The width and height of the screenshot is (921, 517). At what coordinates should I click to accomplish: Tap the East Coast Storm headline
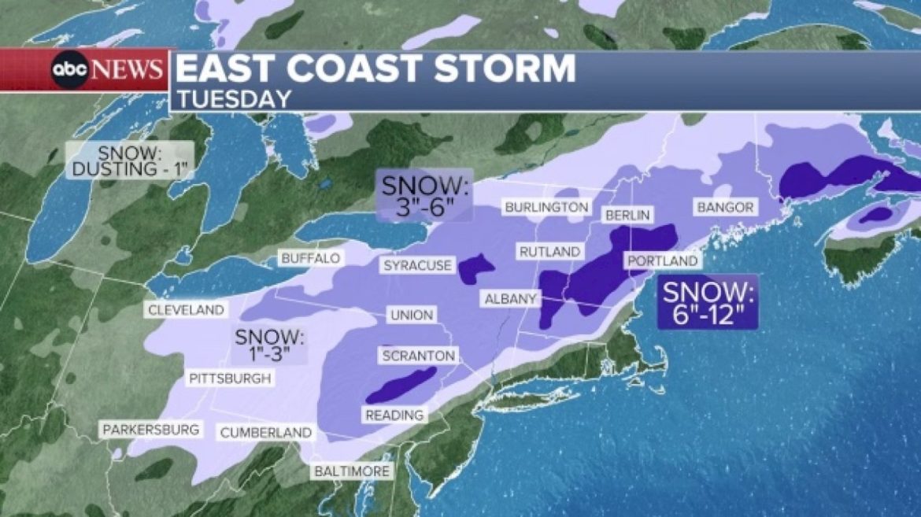375,69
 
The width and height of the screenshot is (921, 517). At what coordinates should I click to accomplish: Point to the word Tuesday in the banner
233,98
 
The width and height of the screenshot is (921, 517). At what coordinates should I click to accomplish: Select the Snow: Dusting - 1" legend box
129,160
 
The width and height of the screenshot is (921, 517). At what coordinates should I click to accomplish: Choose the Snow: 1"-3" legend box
269,345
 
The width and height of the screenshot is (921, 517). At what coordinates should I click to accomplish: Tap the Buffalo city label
311,258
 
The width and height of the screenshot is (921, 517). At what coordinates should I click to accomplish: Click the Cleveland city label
186,310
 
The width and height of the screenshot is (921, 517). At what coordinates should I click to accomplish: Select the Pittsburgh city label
231,379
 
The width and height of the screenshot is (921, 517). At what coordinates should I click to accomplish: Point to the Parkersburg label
150,430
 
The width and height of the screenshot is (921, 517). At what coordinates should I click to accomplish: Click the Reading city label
394,415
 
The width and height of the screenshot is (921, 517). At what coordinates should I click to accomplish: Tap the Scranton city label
418,356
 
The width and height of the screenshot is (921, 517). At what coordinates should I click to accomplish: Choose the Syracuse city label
417,265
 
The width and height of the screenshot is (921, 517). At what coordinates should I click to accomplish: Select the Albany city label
510,299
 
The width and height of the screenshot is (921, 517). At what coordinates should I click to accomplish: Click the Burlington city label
546,207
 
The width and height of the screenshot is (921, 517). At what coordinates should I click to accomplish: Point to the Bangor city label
725,207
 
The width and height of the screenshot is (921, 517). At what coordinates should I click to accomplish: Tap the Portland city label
661,260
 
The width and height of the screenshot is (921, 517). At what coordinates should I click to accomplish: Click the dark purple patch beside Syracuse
475,268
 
